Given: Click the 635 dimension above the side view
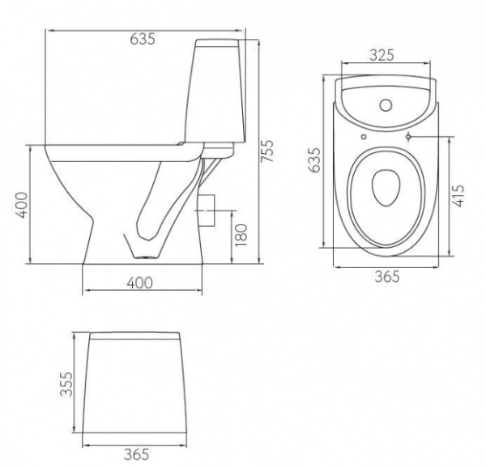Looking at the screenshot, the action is pyautogui.click(x=143, y=39).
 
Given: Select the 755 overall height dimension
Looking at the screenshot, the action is pyautogui.click(x=266, y=151).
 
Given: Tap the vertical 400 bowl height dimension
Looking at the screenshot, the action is pyautogui.click(x=21, y=205).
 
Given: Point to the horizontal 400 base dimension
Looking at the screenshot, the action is pyautogui.click(x=139, y=283).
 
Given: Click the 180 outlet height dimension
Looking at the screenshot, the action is pyautogui.click(x=241, y=235).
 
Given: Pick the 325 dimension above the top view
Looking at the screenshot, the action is pyautogui.click(x=382, y=55).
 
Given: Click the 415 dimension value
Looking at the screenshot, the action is pyautogui.click(x=458, y=195).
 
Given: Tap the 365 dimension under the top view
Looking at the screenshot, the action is pyautogui.click(x=387, y=276).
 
